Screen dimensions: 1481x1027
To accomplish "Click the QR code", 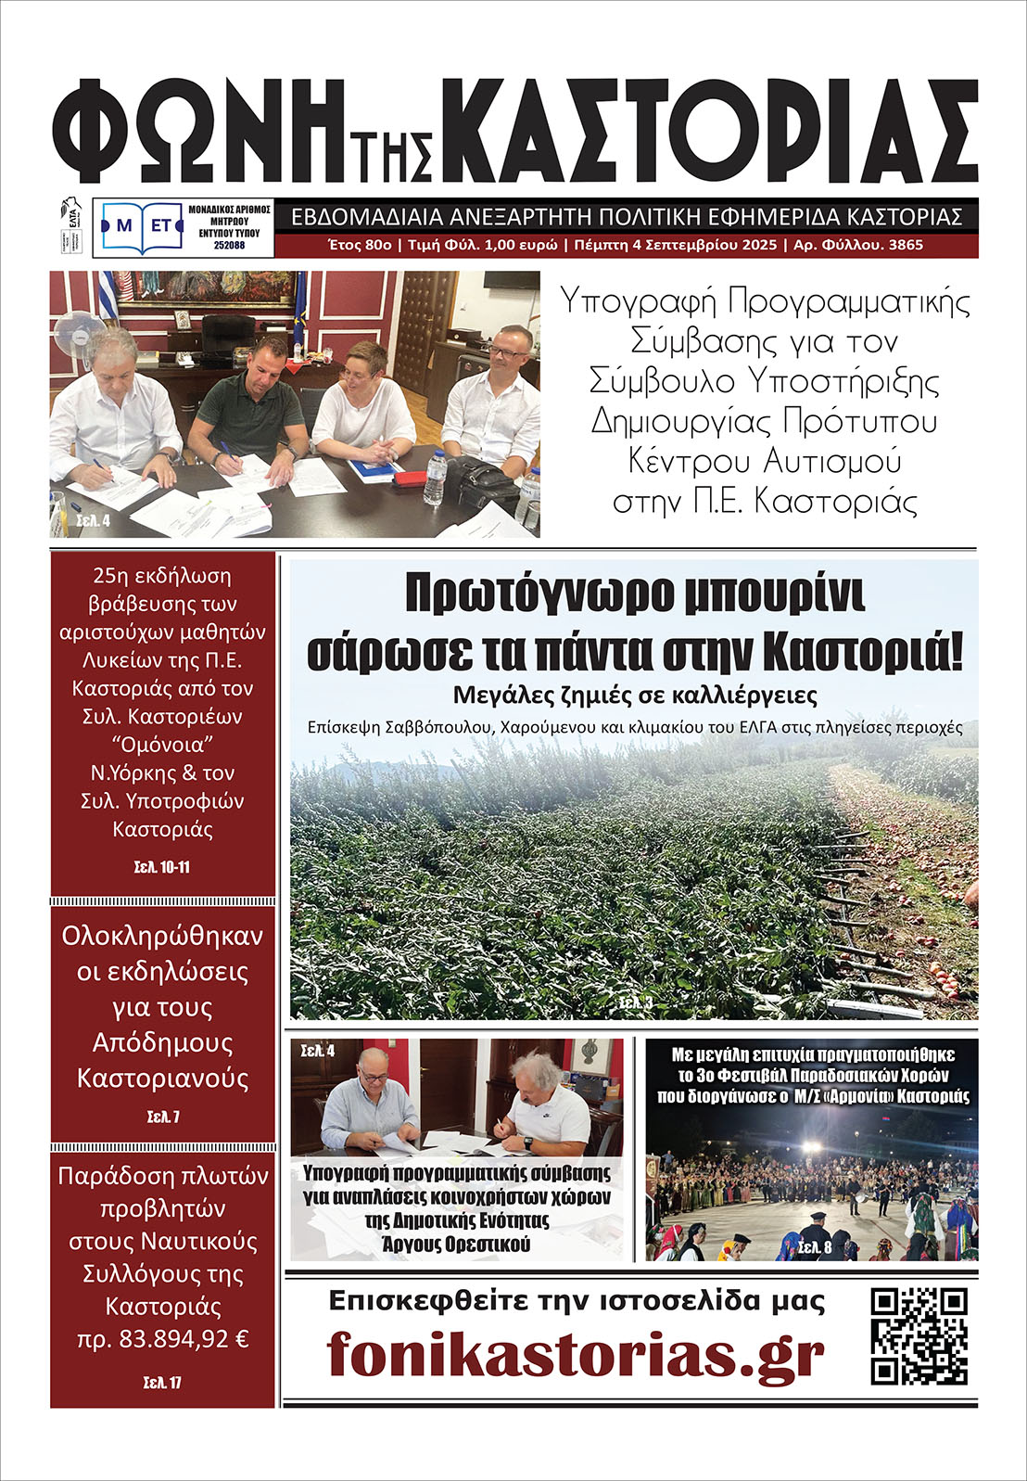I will [919, 1336].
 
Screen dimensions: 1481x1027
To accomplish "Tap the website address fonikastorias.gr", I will [575, 1355].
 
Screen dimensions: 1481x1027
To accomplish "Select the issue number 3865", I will [905, 246].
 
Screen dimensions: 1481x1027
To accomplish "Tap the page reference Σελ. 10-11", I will [162, 868].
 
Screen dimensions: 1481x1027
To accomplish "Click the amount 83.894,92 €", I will [181, 1339].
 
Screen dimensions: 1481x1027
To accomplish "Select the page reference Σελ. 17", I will [162, 1383].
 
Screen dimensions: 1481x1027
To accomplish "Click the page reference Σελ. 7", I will [162, 1117].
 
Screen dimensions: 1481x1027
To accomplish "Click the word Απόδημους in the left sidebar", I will [162, 1042].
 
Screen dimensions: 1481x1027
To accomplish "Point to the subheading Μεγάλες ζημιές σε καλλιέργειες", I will [635, 696].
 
